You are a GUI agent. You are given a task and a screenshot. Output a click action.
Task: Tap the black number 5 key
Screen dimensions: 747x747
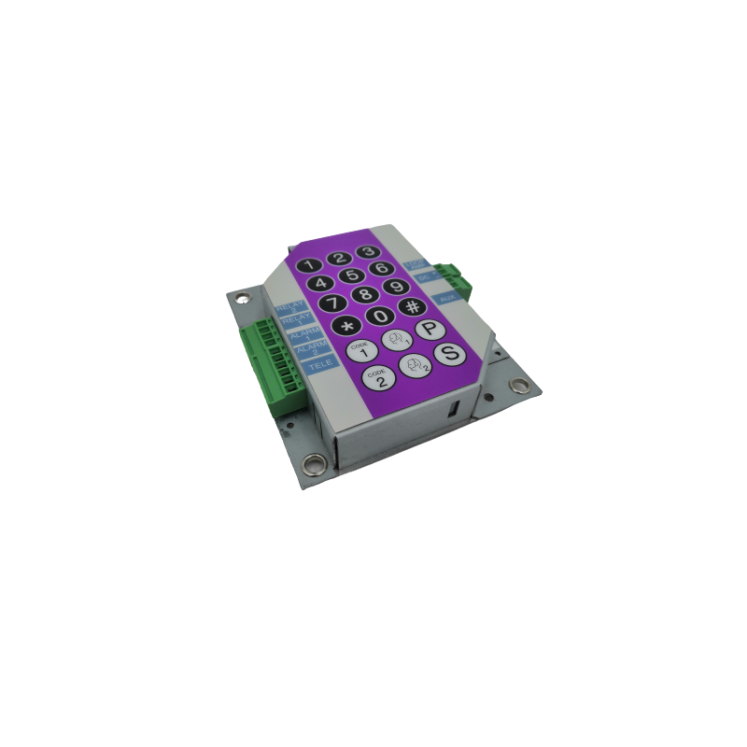click(351, 275)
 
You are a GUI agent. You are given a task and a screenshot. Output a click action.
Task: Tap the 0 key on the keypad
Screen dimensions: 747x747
click(379, 317)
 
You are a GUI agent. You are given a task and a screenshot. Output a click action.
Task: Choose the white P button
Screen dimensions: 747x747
click(429, 329)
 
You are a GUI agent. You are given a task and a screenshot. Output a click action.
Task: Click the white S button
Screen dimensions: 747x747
click(449, 354)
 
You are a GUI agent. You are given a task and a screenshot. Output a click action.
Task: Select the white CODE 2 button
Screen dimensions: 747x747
click(378, 378)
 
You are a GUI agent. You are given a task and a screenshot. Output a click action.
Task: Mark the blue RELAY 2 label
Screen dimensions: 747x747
click(290, 306)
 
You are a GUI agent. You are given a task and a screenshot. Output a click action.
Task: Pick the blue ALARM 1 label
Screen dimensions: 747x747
click(300, 336)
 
